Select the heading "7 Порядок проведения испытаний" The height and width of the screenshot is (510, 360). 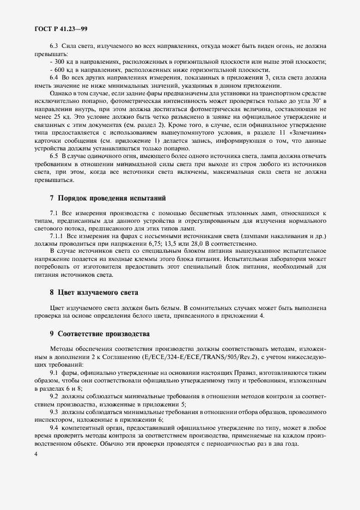(x=107, y=197)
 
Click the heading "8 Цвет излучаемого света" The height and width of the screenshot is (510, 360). (x=94, y=292)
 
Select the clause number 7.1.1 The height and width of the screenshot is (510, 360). (x=57, y=236)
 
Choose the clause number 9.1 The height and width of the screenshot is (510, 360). (x=54, y=372)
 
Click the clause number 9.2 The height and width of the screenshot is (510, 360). (x=54, y=396)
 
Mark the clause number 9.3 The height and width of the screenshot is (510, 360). (x=54, y=412)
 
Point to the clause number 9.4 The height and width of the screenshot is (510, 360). (x=54, y=428)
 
